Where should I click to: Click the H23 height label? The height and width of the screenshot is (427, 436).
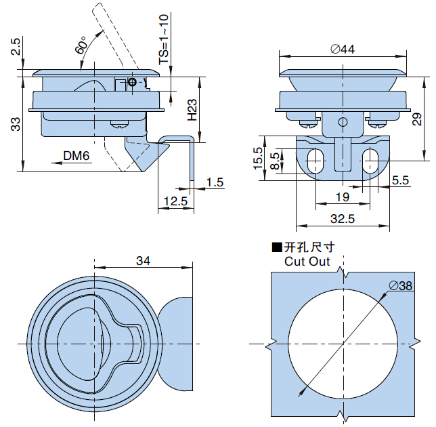192,110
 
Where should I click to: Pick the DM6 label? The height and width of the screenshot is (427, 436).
77,156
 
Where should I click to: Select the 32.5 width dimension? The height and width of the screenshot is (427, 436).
343,219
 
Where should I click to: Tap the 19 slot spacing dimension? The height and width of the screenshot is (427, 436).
342,197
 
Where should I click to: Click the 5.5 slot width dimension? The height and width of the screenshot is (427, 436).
400,180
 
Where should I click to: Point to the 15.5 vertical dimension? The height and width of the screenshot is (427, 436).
258,160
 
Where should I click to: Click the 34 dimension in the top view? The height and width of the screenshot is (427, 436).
143,260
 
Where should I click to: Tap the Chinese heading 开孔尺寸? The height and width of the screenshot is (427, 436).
309,247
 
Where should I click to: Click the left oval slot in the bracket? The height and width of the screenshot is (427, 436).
314,161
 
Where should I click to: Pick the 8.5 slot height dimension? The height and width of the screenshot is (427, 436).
274,161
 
